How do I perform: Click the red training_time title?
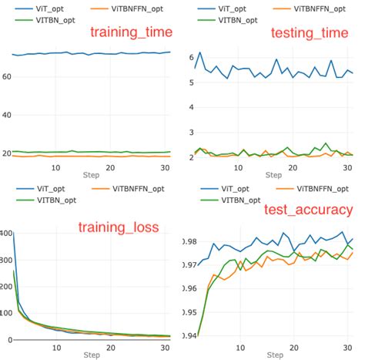click(131, 32)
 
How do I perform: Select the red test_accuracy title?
click(308, 209)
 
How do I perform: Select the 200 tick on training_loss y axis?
click(5, 286)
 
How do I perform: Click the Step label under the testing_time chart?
click(274, 176)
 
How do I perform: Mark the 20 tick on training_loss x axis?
click(111, 348)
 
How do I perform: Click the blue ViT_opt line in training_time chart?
click(92, 53)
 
